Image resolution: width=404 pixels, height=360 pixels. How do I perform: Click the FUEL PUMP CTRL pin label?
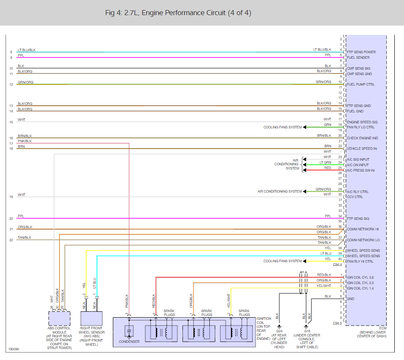tap(361, 84)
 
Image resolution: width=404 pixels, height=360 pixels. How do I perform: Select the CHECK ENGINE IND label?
tap(362, 138)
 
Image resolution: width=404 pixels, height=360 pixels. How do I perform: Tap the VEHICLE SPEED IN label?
tap(362, 149)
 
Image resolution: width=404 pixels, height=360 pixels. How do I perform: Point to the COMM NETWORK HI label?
tap(363, 230)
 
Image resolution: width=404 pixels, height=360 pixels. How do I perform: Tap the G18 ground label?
tap(306, 331)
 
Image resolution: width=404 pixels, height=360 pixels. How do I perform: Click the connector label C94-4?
tap(337, 265)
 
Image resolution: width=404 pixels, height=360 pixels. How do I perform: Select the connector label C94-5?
tap(337, 323)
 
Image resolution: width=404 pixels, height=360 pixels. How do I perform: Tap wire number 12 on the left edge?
tap(11, 84)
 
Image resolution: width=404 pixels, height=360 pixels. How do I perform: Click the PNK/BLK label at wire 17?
tap(25, 141)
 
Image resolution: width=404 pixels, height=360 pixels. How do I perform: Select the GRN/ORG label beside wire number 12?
tap(26, 82)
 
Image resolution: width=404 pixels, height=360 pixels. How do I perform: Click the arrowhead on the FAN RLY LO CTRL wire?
tap(305, 127)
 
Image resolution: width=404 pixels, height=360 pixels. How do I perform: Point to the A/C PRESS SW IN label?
tap(361, 170)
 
